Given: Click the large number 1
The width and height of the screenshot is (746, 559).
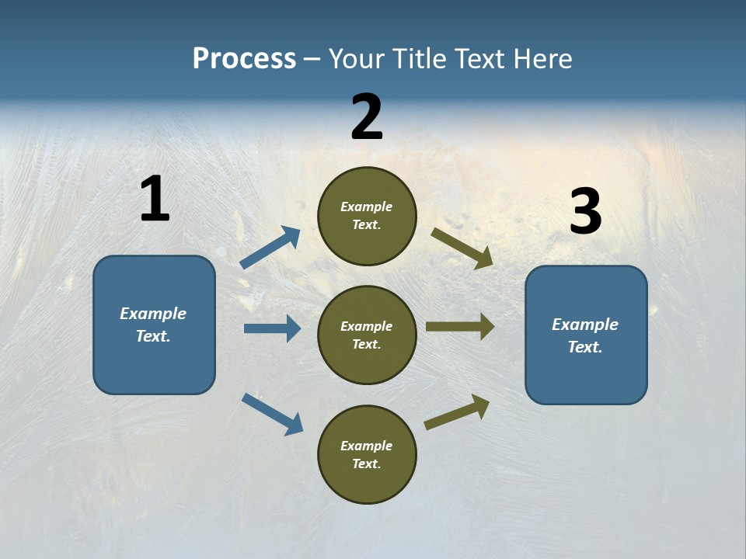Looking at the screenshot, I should (x=155, y=200).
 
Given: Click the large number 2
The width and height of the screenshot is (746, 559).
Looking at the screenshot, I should (x=367, y=117).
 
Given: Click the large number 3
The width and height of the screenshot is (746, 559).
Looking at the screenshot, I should (x=585, y=212).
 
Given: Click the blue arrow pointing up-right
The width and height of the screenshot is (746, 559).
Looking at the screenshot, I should (x=270, y=248).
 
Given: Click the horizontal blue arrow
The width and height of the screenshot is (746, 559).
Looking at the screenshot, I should (x=272, y=328).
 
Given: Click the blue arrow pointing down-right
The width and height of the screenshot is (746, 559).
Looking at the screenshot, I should (x=272, y=413).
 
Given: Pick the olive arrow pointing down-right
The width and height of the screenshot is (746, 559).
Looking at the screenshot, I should (x=462, y=248).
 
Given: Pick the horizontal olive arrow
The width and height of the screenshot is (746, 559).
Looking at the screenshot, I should (x=459, y=327).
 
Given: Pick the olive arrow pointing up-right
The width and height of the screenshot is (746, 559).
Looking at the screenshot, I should (x=457, y=412).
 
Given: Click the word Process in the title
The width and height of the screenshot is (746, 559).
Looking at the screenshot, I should (x=244, y=58).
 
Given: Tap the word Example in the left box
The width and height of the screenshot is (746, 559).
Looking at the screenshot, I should (x=153, y=314).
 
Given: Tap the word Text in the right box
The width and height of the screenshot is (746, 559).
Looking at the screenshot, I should (x=584, y=347).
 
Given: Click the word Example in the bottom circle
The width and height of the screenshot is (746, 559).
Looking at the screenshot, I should (x=366, y=446).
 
